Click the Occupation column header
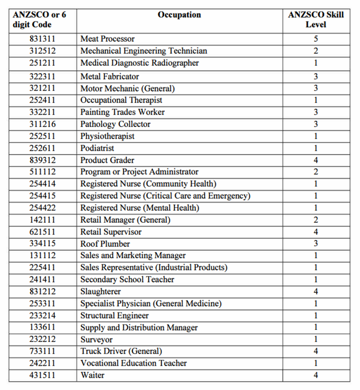point(179,15)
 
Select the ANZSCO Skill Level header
point(316,20)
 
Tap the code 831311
point(42,39)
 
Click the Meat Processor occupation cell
point(108,39)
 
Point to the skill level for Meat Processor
point(316,39)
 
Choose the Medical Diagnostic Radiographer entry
point(139,63)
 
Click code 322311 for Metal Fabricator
point(42,76)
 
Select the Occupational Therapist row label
point(121,100)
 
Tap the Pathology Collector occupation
point(115,124)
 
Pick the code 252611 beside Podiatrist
point(42,148)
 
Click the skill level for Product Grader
point(316,160)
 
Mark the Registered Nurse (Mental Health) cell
point(140,208)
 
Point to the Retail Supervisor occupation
point(111,232)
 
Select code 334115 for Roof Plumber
point(42,244)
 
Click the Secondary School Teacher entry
point(127,280)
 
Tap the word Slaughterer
point(101,292)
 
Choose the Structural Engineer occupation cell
point(115,316)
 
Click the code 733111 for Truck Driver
point(42,351)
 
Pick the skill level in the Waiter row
point(316,375)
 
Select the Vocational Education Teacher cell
point(134,363)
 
